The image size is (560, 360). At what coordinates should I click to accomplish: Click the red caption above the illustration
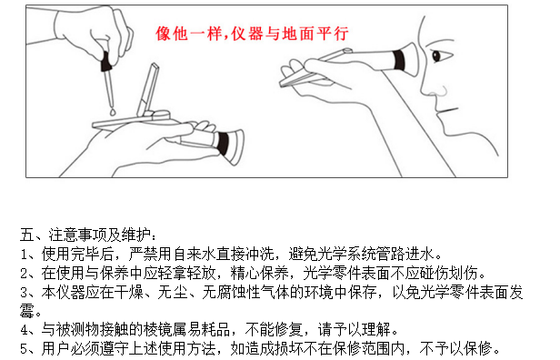point(252,34)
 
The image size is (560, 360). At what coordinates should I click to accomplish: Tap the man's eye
point(436,56)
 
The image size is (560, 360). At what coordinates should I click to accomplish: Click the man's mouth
point(446,111)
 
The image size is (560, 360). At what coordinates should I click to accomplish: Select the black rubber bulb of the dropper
point(106,61)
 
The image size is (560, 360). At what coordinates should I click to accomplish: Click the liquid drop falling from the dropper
point(113,113)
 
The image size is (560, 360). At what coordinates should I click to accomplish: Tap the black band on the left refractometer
point(223,144)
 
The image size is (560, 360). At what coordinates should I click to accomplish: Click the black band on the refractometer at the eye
point(399,60)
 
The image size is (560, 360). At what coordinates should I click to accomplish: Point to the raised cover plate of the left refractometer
point(148,87)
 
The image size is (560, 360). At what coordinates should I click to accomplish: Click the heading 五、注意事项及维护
point(88,235)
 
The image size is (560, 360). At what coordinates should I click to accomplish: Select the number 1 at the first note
point(24,255)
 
